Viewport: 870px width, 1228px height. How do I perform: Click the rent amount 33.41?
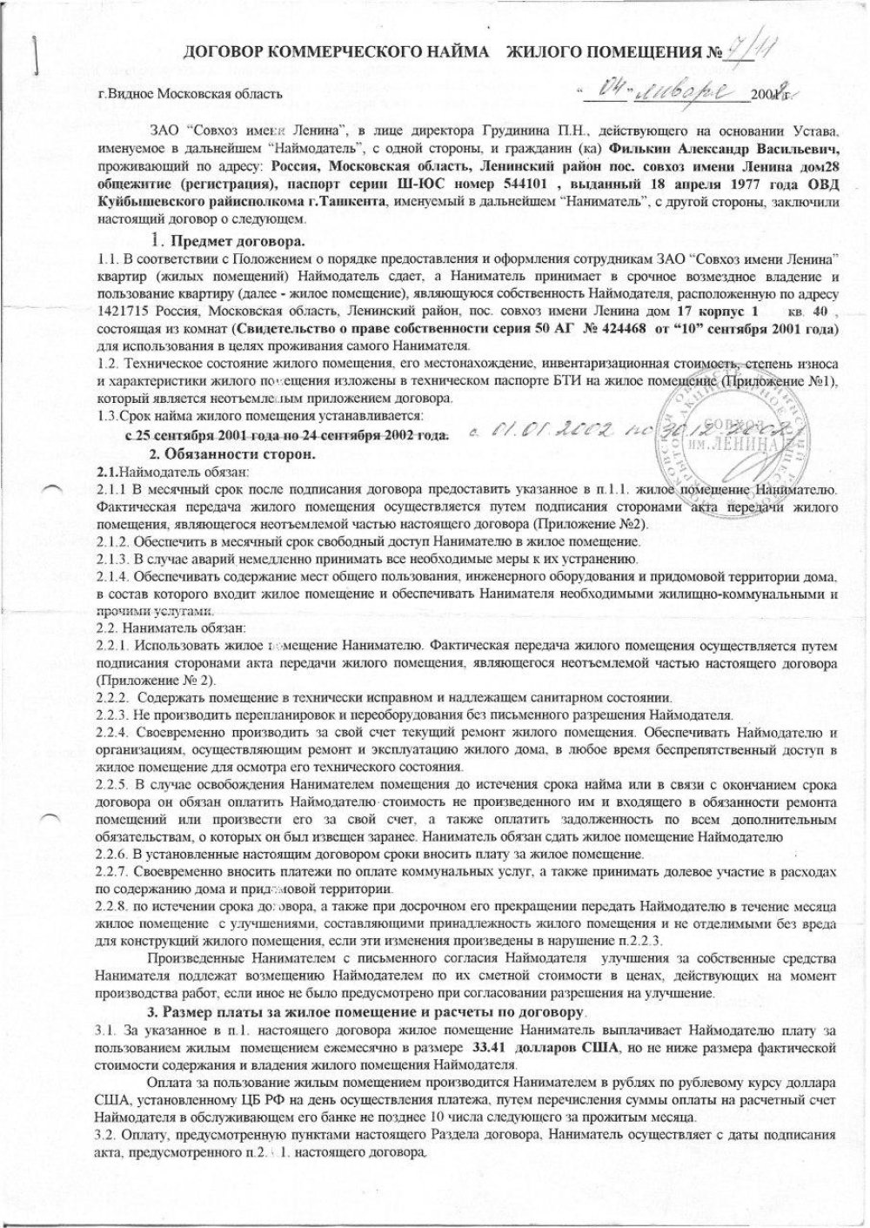click(x=491, y=1047)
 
